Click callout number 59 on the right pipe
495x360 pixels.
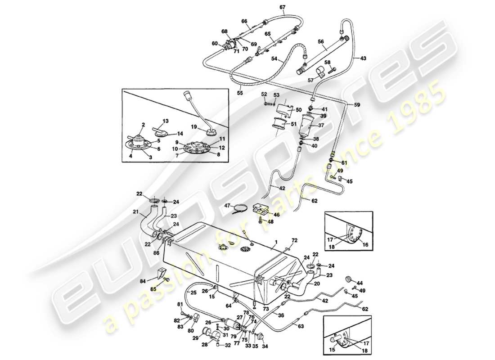click(x=357, y=105)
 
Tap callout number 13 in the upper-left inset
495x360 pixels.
click(x=153, y=121)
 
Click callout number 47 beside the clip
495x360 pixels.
click(x=228, y=205)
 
